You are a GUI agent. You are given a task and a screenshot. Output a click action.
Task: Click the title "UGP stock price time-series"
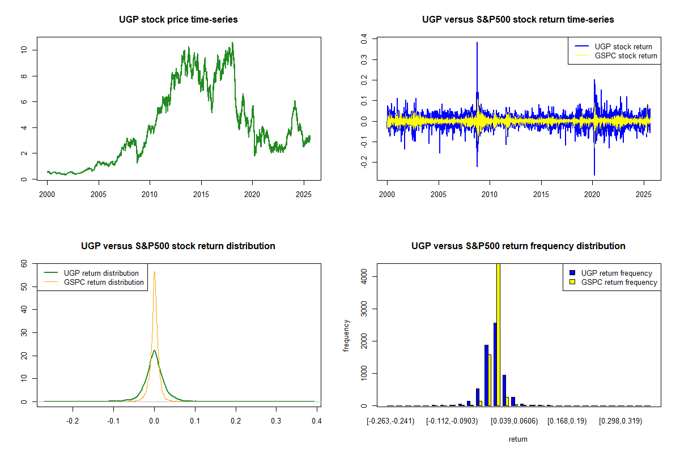point(178,20)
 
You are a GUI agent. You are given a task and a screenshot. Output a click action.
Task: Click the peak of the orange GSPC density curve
point(154,272)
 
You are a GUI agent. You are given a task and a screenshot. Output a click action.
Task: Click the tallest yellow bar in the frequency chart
point(498,334)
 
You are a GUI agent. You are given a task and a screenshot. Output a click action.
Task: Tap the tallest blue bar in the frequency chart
point(495,364)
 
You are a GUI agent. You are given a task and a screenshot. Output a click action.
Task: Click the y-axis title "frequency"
point(346,336)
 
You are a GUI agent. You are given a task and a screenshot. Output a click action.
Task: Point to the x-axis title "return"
point(518,439)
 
